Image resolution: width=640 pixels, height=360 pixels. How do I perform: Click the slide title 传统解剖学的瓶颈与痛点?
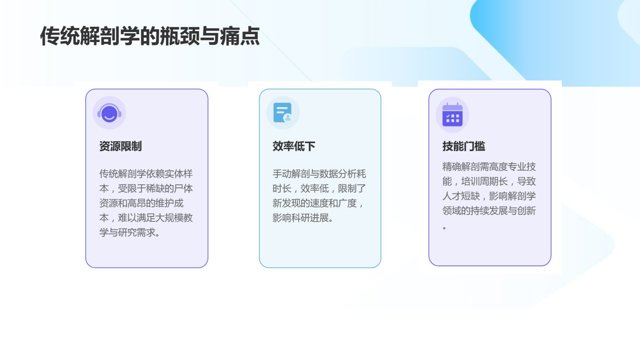pyautogui.click(x=150, y=36)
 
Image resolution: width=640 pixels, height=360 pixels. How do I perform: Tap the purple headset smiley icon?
pyautogui.click(x=109, y=113)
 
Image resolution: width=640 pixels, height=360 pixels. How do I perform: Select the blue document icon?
pyautogui.click(x=283, y=112)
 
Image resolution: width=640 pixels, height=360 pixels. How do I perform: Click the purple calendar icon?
pyautogui.click(x=452, y=115)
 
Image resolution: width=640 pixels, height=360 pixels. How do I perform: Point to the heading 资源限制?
pyautogui.click(x=120, y=146)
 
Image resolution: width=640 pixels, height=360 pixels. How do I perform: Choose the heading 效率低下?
pyautogui.click(x=294, y=146)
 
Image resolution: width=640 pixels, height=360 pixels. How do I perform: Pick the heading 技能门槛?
pyautogui.click(x=464, y=146)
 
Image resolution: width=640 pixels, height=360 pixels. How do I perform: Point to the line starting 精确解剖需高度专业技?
pyautogui.click(x=489, y=167)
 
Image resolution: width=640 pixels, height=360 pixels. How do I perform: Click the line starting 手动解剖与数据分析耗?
pyautogui.click(x=319, y=174)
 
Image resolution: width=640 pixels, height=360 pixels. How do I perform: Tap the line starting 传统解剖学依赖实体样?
pyautogui.click(x=146, y=174)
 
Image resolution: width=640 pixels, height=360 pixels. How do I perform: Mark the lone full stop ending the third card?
pyautogui.click(x=444, y=228)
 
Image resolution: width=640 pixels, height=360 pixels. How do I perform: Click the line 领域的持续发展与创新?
pyautogui.click(x=489, y=211)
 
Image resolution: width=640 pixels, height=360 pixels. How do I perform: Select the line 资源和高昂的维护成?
pyautogui.click(x=141, y=203)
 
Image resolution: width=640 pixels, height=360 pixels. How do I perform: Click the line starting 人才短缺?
pyautogui.click(x=489, y=196)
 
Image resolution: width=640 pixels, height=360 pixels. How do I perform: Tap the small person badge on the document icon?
pyautogui.click(x=288, y=117)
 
